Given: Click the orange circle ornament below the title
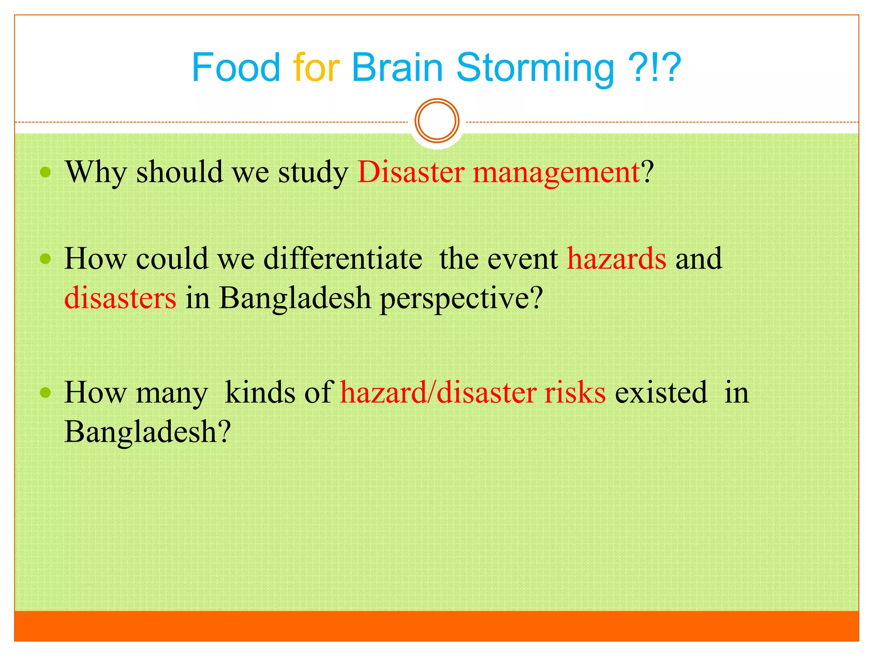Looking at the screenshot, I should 437,120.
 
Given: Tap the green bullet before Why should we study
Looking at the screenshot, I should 45,172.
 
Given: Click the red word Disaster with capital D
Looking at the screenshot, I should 411,172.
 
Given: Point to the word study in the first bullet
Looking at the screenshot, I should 313,173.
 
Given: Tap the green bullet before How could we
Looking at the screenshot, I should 45,259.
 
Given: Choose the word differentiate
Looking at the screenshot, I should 343,259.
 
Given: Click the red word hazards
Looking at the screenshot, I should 616,259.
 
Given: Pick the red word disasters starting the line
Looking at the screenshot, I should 120,298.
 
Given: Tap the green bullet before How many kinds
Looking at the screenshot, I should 45,392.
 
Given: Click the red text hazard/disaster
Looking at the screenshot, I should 438,392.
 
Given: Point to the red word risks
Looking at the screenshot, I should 574,392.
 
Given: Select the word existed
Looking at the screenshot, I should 661,392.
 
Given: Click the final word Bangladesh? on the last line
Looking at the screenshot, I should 147,432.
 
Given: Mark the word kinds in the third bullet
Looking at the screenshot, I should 260,392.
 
